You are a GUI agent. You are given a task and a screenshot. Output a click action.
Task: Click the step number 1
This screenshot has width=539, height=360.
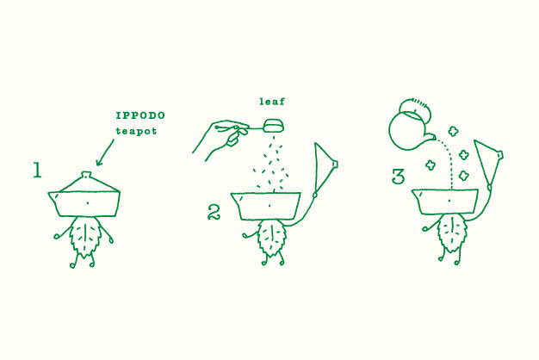37,171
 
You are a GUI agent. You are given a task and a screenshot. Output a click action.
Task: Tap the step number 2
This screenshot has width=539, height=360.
214,212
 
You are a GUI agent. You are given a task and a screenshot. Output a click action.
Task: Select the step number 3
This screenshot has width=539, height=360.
399,177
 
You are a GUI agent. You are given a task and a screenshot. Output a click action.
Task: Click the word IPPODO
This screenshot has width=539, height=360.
140,115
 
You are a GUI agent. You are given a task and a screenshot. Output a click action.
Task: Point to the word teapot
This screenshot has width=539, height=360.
136,131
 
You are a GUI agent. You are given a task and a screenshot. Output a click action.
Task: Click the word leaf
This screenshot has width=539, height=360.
272,101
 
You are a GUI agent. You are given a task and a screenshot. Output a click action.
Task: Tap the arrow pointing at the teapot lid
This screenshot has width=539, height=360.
105,152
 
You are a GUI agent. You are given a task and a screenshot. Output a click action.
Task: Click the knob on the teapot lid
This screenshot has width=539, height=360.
86,174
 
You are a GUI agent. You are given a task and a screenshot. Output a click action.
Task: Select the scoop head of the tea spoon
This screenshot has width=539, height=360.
274,125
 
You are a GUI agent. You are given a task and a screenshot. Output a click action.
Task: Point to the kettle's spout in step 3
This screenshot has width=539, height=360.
429,138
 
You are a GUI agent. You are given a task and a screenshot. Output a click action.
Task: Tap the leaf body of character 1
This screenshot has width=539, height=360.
84,237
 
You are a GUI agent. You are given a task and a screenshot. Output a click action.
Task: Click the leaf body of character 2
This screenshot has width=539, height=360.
272,239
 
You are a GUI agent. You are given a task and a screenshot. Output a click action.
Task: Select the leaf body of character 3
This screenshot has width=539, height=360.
451,233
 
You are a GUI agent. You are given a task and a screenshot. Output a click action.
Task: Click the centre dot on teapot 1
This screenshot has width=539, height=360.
88,203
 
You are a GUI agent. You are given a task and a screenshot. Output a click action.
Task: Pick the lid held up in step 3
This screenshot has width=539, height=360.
488,162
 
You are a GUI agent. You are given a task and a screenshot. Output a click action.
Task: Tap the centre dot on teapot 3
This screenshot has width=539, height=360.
449,200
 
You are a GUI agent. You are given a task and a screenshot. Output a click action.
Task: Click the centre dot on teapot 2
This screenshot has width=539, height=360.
269,205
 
